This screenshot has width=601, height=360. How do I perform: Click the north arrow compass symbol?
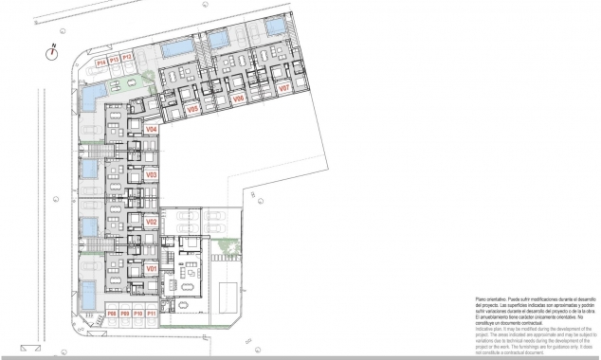click(52, 54)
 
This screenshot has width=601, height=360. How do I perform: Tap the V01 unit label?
click(151, 269)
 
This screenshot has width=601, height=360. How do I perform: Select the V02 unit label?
click(151, 222)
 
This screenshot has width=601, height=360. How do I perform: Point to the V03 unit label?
click(151, 175)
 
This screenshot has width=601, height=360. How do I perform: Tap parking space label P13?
click(114, 59)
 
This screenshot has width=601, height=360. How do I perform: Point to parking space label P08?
click(111, 313)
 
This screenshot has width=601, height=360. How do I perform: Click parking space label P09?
click(124, 313)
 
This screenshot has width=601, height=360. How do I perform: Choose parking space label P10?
click(138, 313)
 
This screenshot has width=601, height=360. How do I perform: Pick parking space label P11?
click(152, 313)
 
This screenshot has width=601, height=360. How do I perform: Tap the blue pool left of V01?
click(87, 293)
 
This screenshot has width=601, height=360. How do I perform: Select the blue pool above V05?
click(174, 48)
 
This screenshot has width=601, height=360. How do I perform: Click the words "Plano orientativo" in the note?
click(492, 297)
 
